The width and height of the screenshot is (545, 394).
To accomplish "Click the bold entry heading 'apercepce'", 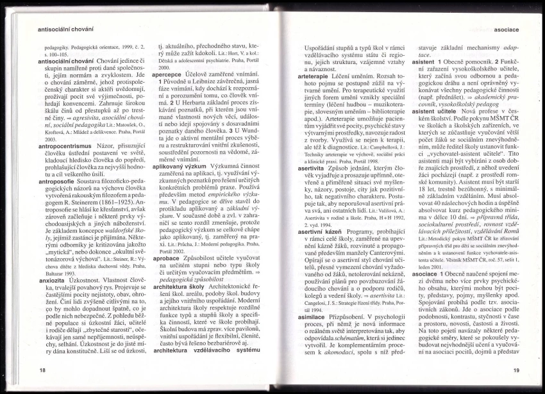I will click(x=167, y=74).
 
